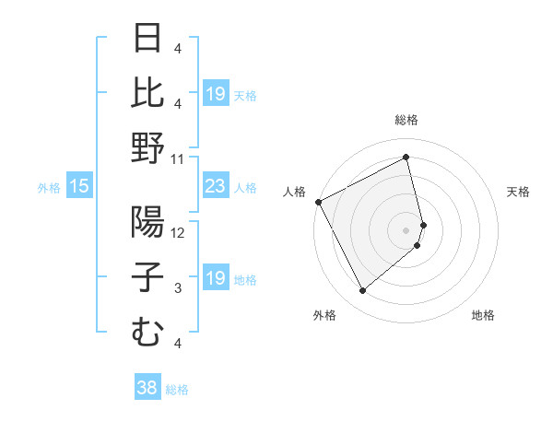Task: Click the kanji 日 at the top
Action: pyautogui.click(x=147, y=38)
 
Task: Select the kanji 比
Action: pyautogui.click(x=147, y=92)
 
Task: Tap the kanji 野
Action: pyautogui.click(x=147, y=147)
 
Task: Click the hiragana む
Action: pyautogui.click(x=147, y=332)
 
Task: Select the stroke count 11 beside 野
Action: pyautogui.click(x=178, y=158)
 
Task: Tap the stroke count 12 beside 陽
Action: pyautogui.click(x=178, y=232)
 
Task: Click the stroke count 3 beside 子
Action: pyautogui.click(x=177, y=288)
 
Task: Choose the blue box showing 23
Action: pyautogui.click(x=215, y=186)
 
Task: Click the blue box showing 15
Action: pyautogui.click(x=78, y=186)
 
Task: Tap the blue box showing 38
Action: pyautogui.click(x=147, y=388)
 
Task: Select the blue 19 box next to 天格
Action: pyautogui.click(x=215, y=94)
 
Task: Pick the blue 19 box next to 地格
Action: pyautogui.click(x=215, y=278)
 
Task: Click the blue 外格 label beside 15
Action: pyautogui.click(x=49, y=188)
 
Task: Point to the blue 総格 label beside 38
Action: pyautogui.click(x=177, y=390)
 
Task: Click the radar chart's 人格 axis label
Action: pyautogui.click(x=295, y=192)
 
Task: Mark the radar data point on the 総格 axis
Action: pyautogui.click(x=406, y=157)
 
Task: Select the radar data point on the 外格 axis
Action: pyautogui.click(x=362, y=291)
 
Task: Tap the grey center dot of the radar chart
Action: pyautogui.click(x=406, y=229)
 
